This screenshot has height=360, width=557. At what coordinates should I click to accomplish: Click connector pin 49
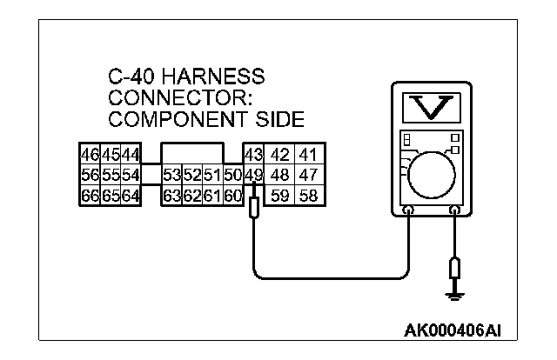tap(253, 175)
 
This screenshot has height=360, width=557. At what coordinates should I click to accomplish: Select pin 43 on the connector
tap(253, 156)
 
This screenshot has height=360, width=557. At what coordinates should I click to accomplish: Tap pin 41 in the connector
tap(309, 156)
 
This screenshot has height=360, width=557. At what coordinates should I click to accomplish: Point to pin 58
tap(309, 194)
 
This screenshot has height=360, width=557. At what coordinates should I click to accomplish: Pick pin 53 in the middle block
tap(171, 175)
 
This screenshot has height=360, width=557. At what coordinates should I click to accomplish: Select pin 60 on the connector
tap(232, 194)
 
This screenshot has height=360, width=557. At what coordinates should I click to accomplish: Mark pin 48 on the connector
tap(280, 175)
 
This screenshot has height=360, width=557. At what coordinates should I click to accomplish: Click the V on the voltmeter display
tap(433, 106)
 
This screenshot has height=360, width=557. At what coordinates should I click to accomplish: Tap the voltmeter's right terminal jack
tap(453, 210)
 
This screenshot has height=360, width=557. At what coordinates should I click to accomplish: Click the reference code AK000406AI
tap(453, 330)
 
